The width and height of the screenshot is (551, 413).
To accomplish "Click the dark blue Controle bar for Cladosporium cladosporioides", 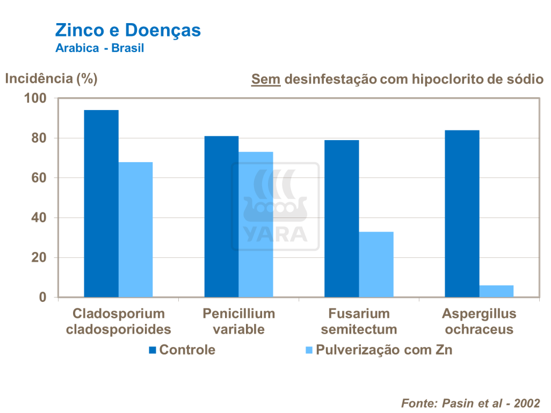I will pos(102,204).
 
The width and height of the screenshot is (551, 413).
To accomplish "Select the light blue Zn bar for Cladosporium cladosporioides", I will pos(135,229).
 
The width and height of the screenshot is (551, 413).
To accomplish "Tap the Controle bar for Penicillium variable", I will pos(221,216).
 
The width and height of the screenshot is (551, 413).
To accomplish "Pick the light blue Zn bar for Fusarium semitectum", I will pos(376,264).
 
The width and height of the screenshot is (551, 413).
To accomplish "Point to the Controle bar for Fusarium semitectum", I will pos(342,219).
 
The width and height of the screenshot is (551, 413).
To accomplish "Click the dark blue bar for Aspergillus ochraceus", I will pos(462,214).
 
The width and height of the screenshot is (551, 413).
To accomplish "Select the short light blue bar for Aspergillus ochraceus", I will pos(496,291).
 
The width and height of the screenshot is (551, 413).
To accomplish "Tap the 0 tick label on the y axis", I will pos(44,297).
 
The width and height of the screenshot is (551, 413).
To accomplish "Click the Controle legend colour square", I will pos(153,351).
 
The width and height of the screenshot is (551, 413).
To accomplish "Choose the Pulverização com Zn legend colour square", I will pos(309,351).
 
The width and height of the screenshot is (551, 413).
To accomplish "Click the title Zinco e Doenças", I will pos(128,30).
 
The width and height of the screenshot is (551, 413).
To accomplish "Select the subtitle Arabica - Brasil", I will pos(100,48).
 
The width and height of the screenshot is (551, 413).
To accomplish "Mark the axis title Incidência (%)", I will pos(51,78).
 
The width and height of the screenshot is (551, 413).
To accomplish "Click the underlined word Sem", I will pos(266,79).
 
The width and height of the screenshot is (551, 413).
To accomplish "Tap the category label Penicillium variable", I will pos(238,321).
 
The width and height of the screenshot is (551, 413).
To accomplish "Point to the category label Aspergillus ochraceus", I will pos(479,321).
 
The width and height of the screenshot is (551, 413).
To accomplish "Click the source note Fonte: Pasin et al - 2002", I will pos(470,403).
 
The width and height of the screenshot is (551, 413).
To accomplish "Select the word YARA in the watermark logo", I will pos(275,234).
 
